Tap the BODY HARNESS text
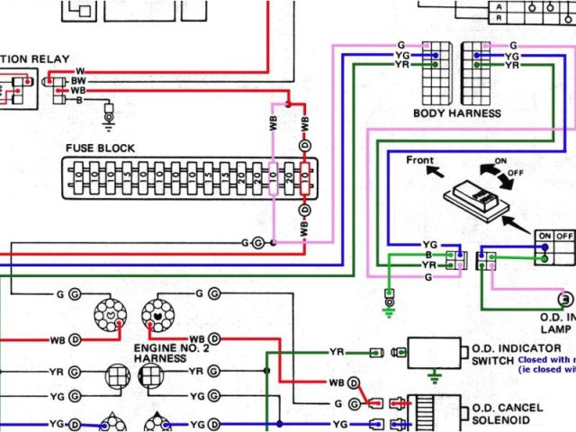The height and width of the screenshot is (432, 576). (457, 113)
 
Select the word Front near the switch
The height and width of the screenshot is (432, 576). (420, 160)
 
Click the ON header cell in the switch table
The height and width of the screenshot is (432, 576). (544, 236)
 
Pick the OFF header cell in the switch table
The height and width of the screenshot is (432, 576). (564, 236)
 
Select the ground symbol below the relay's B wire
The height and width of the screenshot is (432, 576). (109, 116)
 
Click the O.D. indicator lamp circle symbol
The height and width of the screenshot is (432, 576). (566, 299)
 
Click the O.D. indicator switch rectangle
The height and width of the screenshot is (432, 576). (434, 351)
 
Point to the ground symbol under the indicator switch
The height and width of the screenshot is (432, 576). (434, 373)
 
